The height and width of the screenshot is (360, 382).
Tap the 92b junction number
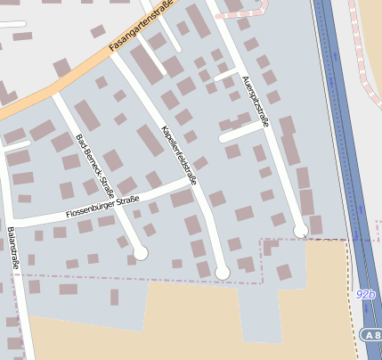point(365,294)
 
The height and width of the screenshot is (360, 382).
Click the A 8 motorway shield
point(371,333)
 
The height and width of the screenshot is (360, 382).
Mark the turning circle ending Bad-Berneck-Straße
point(140,253)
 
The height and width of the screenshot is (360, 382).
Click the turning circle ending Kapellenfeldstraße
point(223,272)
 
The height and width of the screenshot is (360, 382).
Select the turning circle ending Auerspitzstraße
point(301,231)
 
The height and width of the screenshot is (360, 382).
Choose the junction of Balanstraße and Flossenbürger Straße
point(11,223)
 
